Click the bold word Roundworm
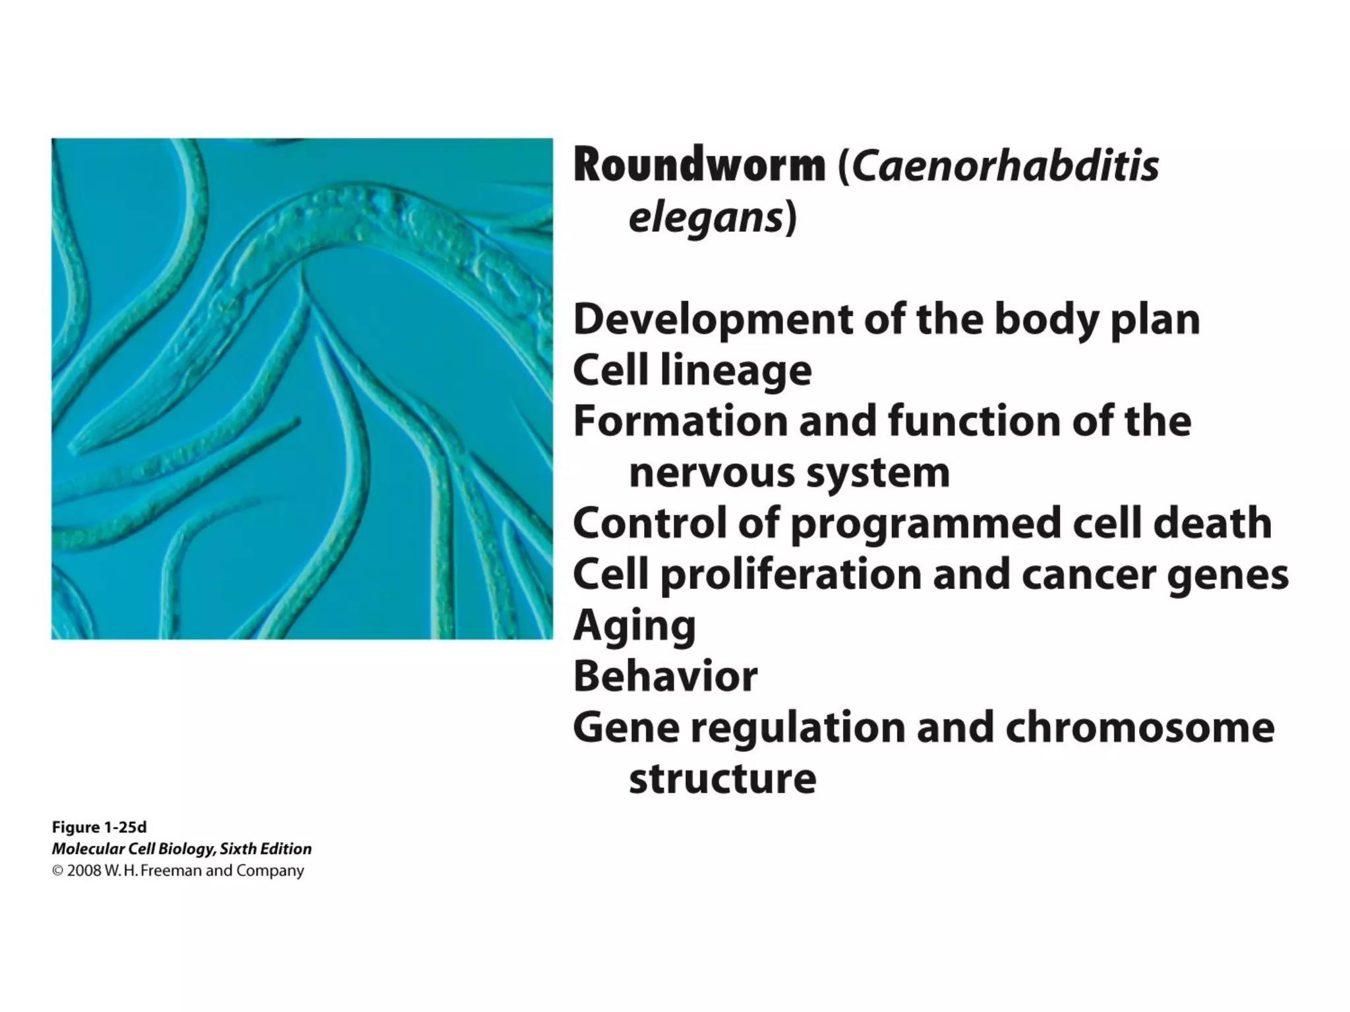(699, 165)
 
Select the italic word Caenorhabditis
(1005, 165)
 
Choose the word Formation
(680, 422)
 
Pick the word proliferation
(791, 575)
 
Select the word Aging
(634, 626)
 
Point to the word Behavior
(665, 677)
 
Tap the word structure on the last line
(722, 779)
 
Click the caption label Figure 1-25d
(99, 828)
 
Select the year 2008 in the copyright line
(84, 871)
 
